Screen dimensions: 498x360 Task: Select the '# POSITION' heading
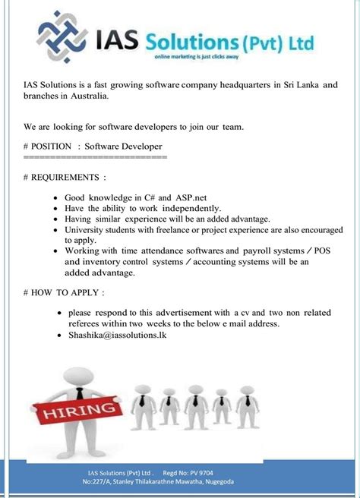point(49,146)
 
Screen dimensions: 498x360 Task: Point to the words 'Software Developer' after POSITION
point(124,146)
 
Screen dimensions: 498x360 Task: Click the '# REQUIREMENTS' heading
point(65,178)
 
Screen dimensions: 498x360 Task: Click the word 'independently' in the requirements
point(187,208)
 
